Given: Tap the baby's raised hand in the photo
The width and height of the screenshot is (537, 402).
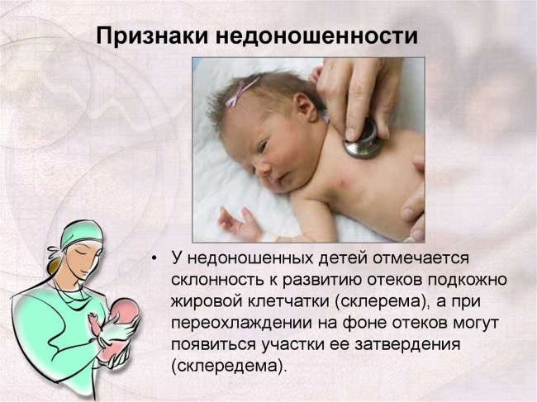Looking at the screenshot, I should click(238, 221).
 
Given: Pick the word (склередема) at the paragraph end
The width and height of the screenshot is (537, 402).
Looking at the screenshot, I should click(230, 364).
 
